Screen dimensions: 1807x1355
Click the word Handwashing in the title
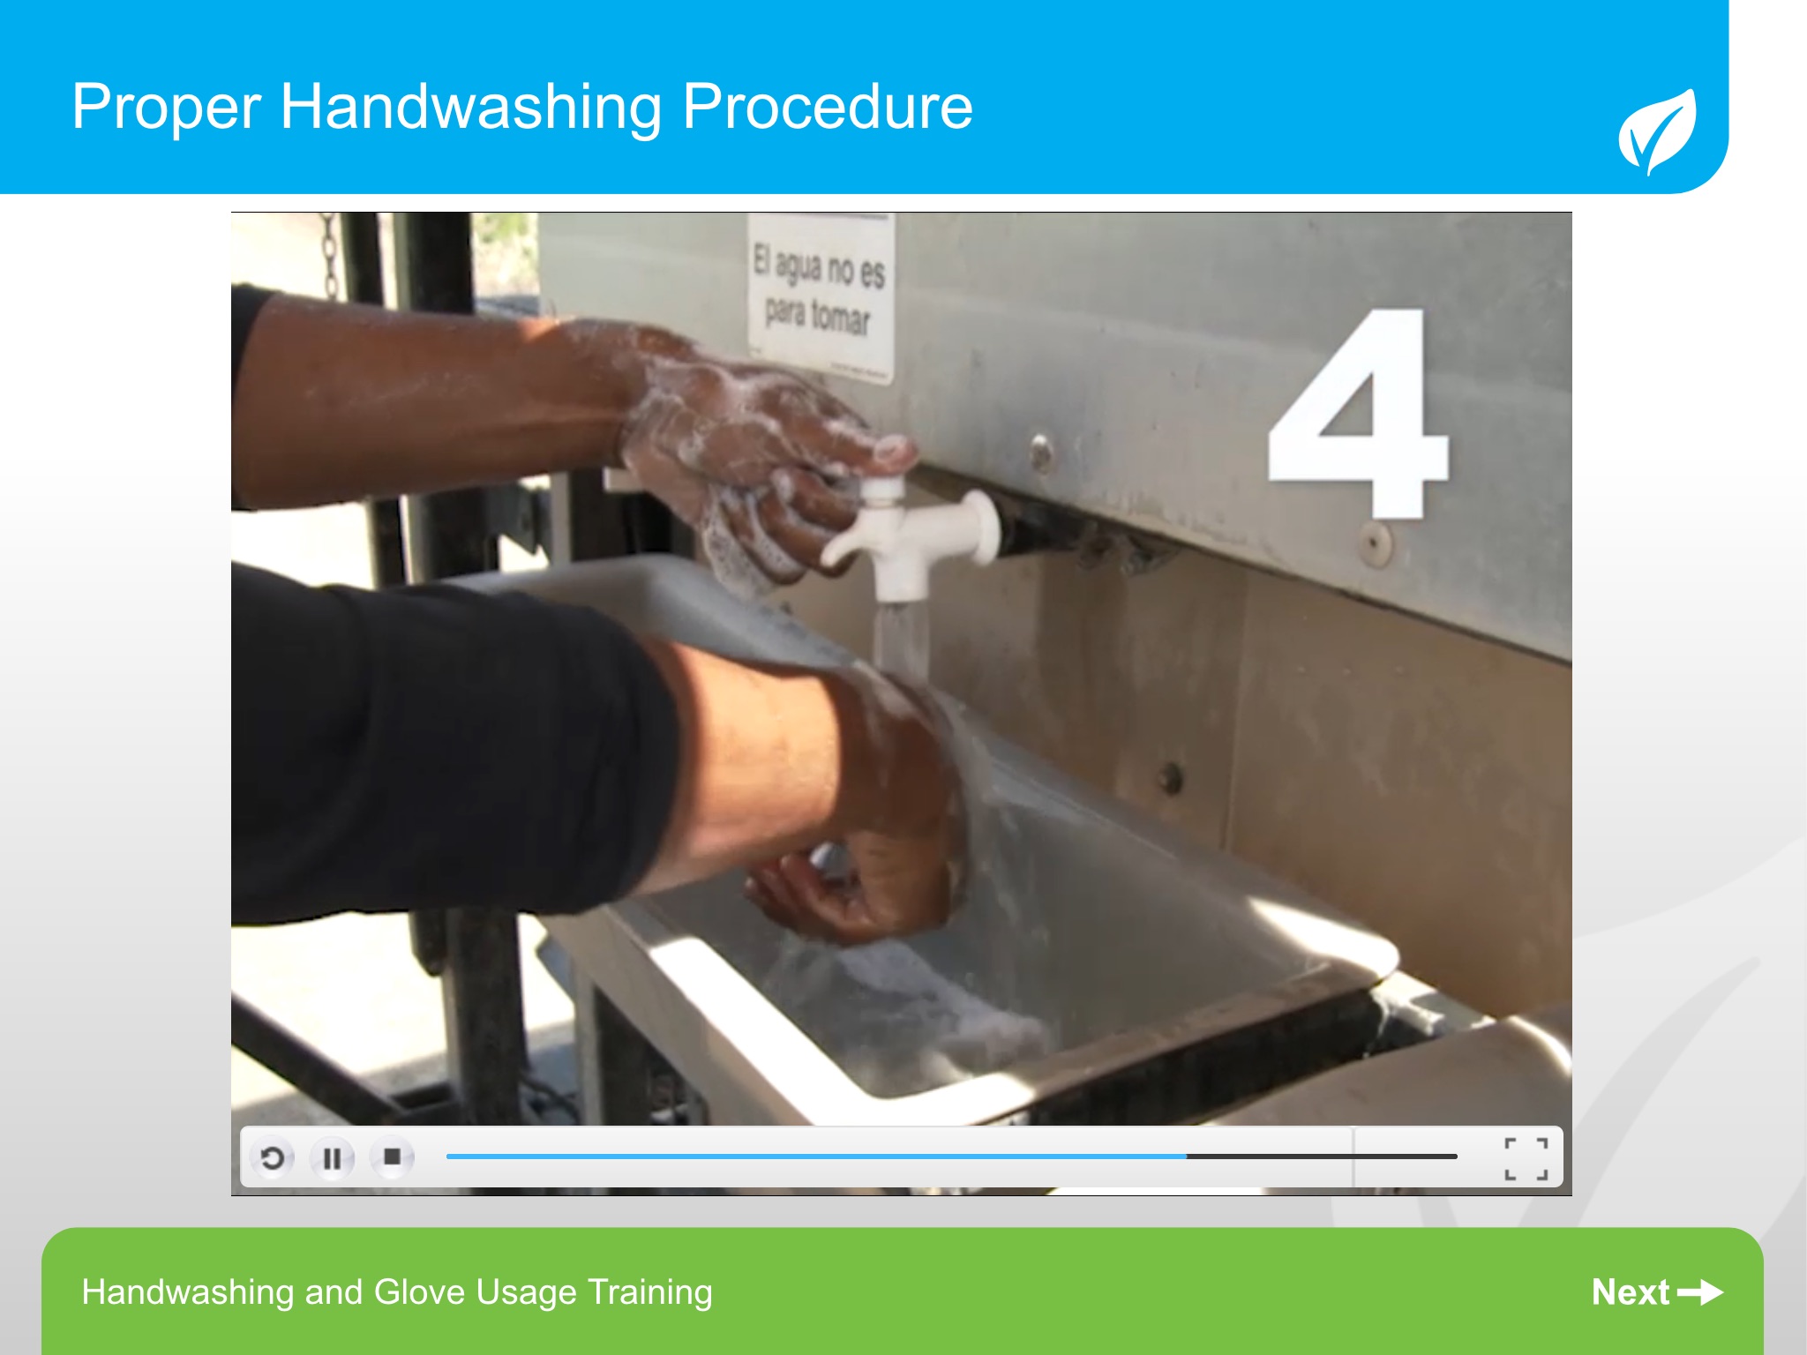click(x=470, y=108)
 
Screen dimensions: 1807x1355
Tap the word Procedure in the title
click(x=828, y=106)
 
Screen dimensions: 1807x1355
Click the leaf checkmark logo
click(x=1657, y=131)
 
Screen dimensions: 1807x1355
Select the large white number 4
click(x=1358, y=413)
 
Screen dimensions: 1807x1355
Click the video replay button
click(x=273, y=1157)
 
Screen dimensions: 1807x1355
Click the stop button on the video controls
click(x=393, y=1157)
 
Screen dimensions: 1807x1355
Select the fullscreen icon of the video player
click(x=1526, y=1158)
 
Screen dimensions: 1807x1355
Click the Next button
click(x=1657, y=1292)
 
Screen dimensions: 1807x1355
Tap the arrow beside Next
click(x=1700, y=1292)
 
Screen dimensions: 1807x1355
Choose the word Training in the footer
click(x=650, y=1293)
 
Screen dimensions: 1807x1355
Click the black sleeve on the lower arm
click(x=441, y=750)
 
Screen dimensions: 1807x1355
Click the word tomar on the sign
click(x=840, y=317)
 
